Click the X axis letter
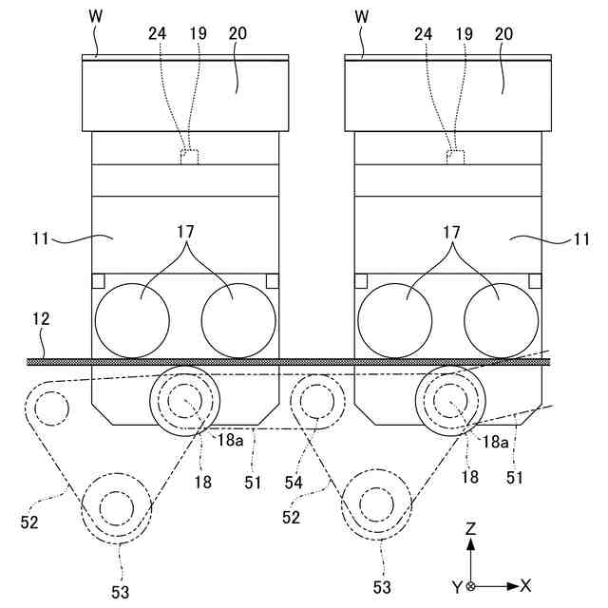tap(525, 586)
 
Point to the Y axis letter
tap(457, 587)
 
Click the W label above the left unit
tap(95, 16)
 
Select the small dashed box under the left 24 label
tap(189, 157)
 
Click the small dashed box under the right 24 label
tap(453, 157)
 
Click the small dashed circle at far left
tap(49, 409)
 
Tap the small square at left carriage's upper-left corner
tap(97, 280)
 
